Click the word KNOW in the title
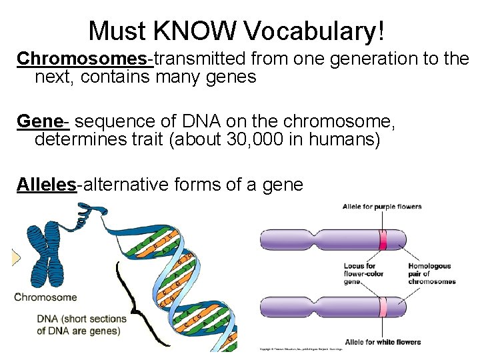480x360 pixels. tap(203, 30)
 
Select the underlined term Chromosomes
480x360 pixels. tap(85, 59)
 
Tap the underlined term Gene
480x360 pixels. tap(42, 121)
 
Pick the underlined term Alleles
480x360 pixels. tap(46, 185)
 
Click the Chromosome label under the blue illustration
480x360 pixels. tap(45, 297)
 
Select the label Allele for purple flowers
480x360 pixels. tap(382, 207)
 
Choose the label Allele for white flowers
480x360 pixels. tap(383, 342)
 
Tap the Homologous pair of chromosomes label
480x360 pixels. tap(431, 273)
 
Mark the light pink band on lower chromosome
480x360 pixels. tap(383, 307)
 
